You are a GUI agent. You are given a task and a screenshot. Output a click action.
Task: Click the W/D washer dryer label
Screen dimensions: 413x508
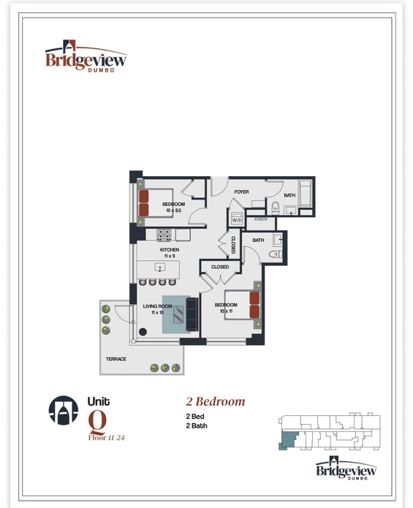(237, 220)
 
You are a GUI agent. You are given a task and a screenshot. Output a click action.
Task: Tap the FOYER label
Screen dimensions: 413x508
(241, 192)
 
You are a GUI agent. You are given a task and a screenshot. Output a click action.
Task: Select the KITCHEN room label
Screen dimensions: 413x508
(170, 250)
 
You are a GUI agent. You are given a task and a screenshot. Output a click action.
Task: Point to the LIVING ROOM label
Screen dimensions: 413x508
(157, 306)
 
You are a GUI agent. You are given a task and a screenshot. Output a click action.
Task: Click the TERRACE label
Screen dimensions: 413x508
(116, 359)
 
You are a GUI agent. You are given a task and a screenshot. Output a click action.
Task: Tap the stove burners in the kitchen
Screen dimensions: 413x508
(164, 235)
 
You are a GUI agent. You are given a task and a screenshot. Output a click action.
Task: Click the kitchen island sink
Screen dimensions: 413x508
(160, 268)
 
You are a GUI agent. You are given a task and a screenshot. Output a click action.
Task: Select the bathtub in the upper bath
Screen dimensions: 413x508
(305, 194)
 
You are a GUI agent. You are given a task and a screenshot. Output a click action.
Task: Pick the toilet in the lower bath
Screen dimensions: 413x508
(276, 254)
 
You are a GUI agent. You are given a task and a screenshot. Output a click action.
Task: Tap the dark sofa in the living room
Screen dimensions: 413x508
(192, 314)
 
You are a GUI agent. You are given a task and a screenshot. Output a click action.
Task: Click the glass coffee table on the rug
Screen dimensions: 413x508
(178, 314)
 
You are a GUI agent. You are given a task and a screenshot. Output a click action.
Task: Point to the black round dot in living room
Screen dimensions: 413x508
(143, 331)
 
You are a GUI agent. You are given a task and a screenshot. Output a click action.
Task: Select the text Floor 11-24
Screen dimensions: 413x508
(106, 438)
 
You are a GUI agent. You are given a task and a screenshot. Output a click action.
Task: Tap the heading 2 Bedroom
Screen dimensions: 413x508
(216, 402)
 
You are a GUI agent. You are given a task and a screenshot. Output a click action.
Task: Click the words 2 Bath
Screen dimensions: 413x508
(197, 425)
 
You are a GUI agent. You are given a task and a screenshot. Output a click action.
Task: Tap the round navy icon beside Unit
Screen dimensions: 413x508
(64, 410)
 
